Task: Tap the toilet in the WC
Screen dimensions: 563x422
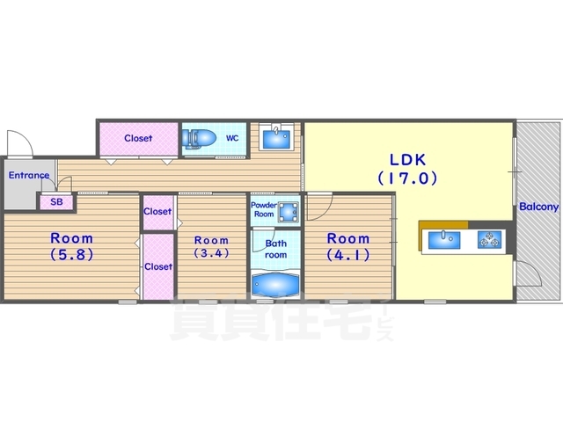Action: (x=199, y=139)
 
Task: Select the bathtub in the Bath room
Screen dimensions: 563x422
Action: (x=275, y=285)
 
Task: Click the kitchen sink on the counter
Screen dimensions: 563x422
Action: (x=444, y=239)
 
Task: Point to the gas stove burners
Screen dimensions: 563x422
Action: (x=489, y=239)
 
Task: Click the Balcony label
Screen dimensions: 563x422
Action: (x=539, y=207)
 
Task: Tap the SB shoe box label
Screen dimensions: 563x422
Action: (x=56, y=202)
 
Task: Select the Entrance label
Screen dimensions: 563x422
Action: (x=29, y=175)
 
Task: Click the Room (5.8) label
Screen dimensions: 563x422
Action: (x=72, y=246)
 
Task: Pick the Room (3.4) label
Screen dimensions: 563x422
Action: (x=211, y=246)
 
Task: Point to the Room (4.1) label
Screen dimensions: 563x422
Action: (x=348, y=246)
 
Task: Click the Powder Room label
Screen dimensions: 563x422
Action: (x=264, y=209)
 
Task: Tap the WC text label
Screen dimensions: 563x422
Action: (x=232, y=138)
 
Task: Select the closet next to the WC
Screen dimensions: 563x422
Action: (x=139, y=139)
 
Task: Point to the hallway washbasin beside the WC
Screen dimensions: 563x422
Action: (x=276, y=136)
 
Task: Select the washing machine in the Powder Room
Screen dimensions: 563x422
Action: (x=289, y=212)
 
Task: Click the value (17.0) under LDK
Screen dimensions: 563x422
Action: (x=407, y=178)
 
